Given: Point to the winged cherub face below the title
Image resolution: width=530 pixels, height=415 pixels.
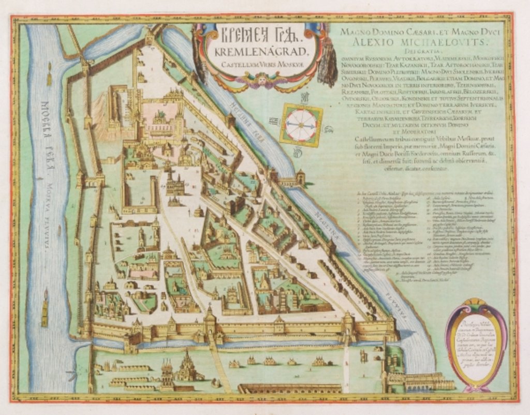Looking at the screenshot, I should click(262, 80).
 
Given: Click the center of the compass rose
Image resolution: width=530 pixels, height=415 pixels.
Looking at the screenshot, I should click(301, 125).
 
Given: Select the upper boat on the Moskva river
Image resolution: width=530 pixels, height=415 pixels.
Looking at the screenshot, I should click(49, 76).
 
